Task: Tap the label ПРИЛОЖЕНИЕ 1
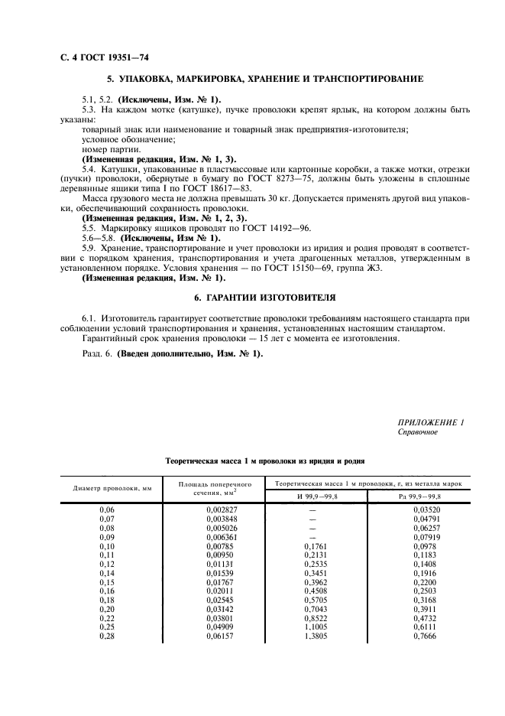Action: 431,422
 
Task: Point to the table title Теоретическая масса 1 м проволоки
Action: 264,461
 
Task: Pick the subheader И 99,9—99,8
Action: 314,497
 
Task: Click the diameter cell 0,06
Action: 106,509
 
